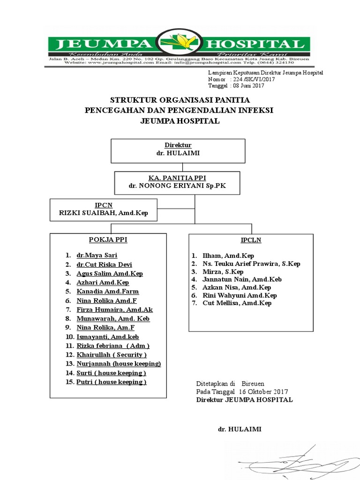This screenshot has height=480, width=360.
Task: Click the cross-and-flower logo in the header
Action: tap(180, 44)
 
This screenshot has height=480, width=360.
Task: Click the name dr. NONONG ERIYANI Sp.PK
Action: tap(178, 186)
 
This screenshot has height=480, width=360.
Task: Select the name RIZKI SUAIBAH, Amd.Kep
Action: tap(104, 213)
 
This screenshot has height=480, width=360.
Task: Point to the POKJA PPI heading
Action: tap(108, 240)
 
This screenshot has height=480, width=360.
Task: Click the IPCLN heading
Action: tap(251, 240)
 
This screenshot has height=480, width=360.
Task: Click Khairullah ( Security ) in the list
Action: tap(112, 355)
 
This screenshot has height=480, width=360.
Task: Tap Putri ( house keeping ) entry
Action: tap(112, 382)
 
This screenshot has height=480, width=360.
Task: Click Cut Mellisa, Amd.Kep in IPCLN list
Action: tap(237, 303)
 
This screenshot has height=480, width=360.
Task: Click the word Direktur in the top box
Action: tap(178, 145)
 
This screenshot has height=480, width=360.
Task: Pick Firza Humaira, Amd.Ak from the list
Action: tap(114, 309)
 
